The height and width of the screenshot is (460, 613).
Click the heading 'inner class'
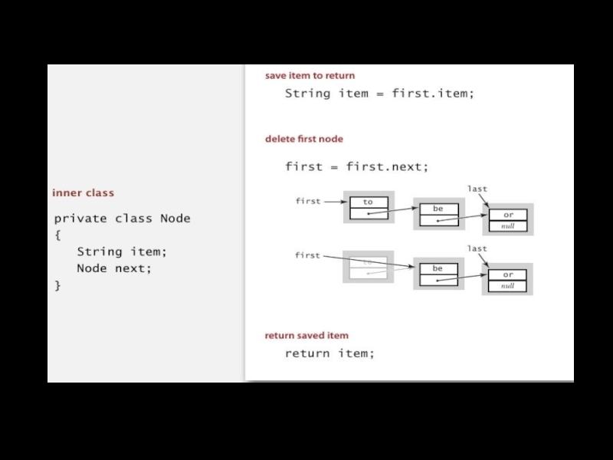[83, 192]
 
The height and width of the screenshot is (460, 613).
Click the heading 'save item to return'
[310, 76]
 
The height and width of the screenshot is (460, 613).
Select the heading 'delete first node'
[304, 139]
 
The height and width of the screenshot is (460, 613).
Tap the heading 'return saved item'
[306, 335]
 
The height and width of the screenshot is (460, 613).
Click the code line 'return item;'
[329, 353]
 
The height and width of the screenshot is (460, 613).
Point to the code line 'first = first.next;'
[356, 166]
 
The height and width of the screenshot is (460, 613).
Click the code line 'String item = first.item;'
[379, 94]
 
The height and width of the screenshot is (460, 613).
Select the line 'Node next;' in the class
[114, 268]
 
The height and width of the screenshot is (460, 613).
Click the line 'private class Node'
[122, 219]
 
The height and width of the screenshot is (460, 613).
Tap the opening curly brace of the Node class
[57, 235]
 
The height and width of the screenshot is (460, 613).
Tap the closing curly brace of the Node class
[57, 285]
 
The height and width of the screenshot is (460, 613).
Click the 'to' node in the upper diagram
[369, 208]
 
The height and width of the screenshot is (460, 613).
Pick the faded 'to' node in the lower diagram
[369, 267]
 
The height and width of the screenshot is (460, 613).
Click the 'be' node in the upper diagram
[438, 214]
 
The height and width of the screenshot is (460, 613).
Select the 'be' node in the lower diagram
[438, 274]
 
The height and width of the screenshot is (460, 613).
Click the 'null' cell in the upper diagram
[508, 226]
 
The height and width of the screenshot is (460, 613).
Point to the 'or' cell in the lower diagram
[508, 274]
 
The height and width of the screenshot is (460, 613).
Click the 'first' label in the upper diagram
[308, 202]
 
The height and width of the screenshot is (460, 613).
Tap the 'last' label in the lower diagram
[477, 248]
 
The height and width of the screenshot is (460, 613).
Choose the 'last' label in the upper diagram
[477, 189]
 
